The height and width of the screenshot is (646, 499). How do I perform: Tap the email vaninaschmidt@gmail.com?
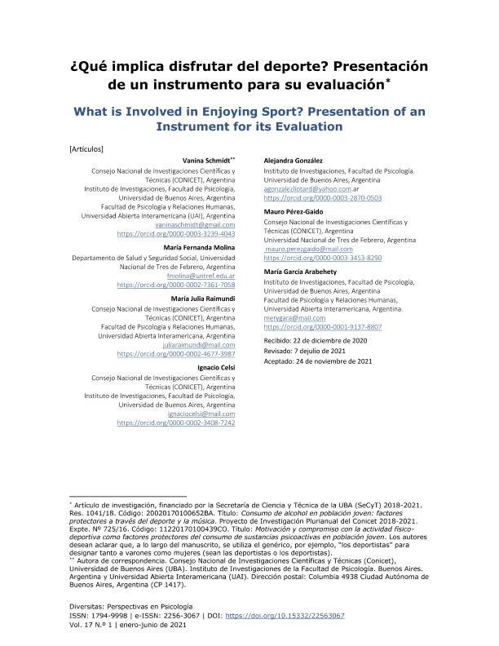pyautogui.click(x=201, y=224)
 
